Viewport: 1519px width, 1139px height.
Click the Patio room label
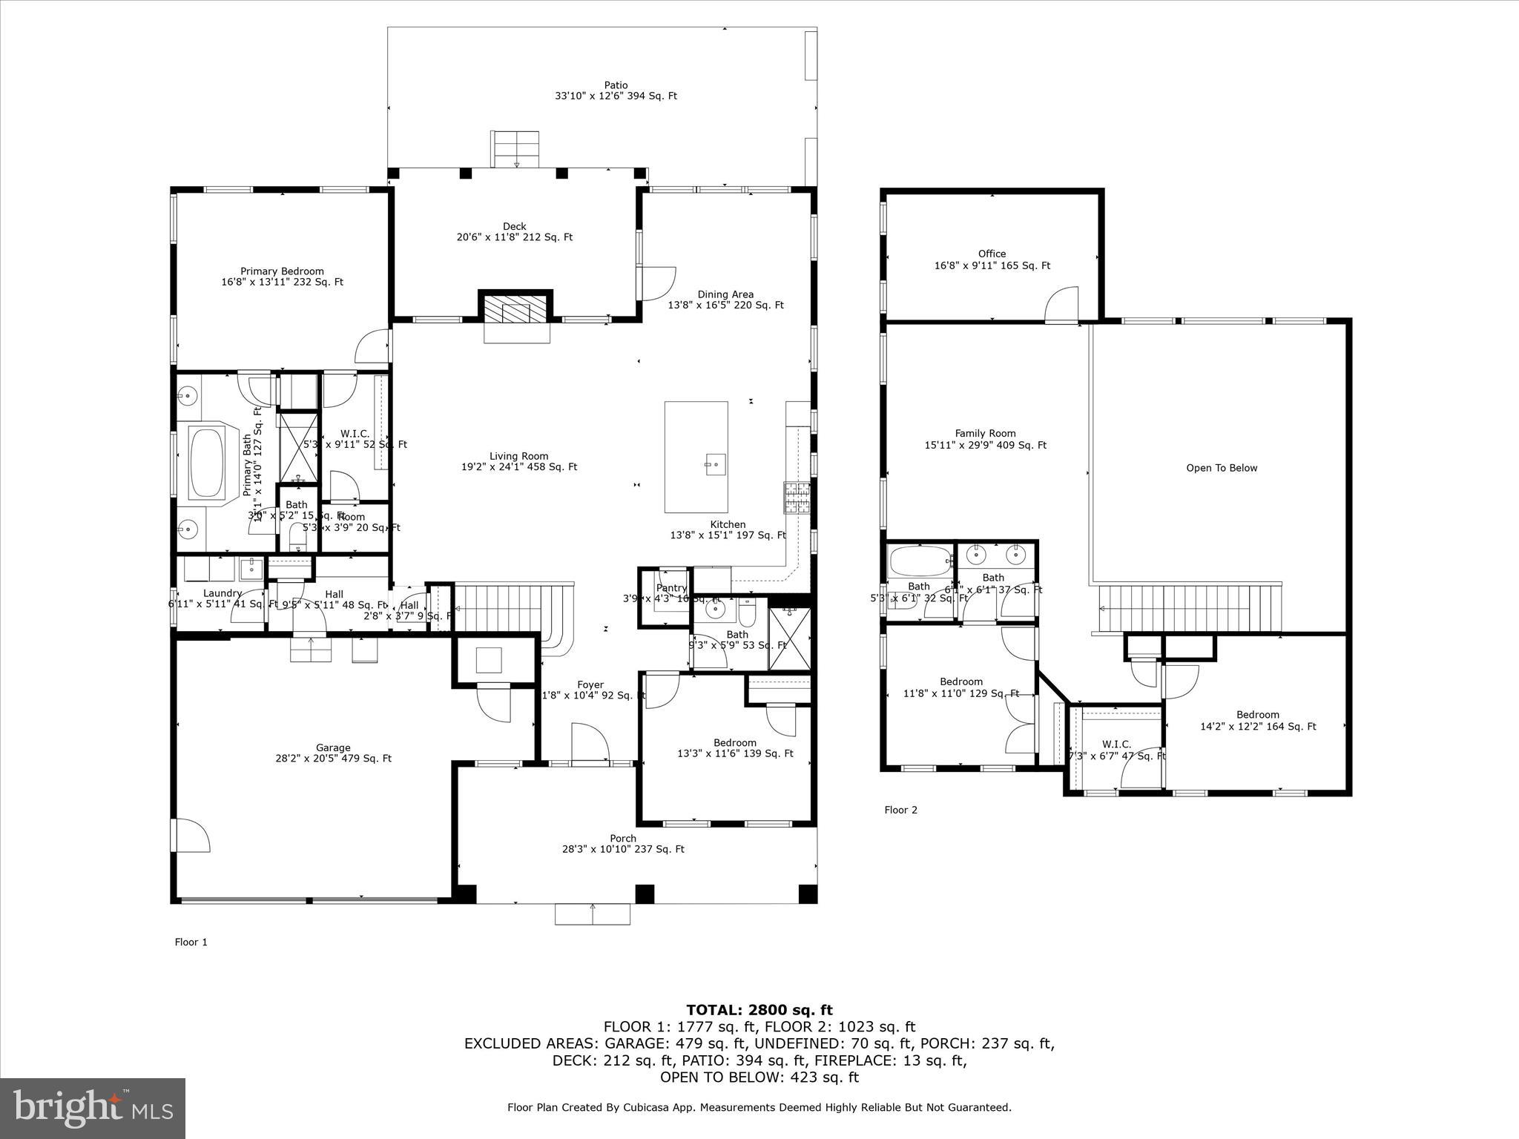tap(616, 85)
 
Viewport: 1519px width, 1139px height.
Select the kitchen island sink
tap(715, 464)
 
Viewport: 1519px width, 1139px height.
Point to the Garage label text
tap(332, 747)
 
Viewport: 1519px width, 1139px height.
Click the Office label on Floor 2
tap(992, 254)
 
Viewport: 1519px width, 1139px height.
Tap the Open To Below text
tap(1222, 468)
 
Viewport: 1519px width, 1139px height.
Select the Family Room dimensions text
tap(985, 446)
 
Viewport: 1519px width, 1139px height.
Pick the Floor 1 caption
tap(191, 942)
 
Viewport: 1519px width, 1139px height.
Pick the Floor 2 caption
tap(900, 810)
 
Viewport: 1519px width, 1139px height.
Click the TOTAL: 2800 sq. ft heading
tap(759, 1009)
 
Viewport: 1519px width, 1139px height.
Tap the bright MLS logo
tap(92, 1108)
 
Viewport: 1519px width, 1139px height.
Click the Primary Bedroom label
tap(282, 271)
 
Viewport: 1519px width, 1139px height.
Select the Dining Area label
tap(725, 294)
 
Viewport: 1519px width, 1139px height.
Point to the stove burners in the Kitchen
tap(797, 498)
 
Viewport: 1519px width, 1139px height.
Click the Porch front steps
tap(592, 914)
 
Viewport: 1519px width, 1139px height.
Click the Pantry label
tap(671, 588)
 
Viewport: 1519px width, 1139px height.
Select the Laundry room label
tap(223, 593)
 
